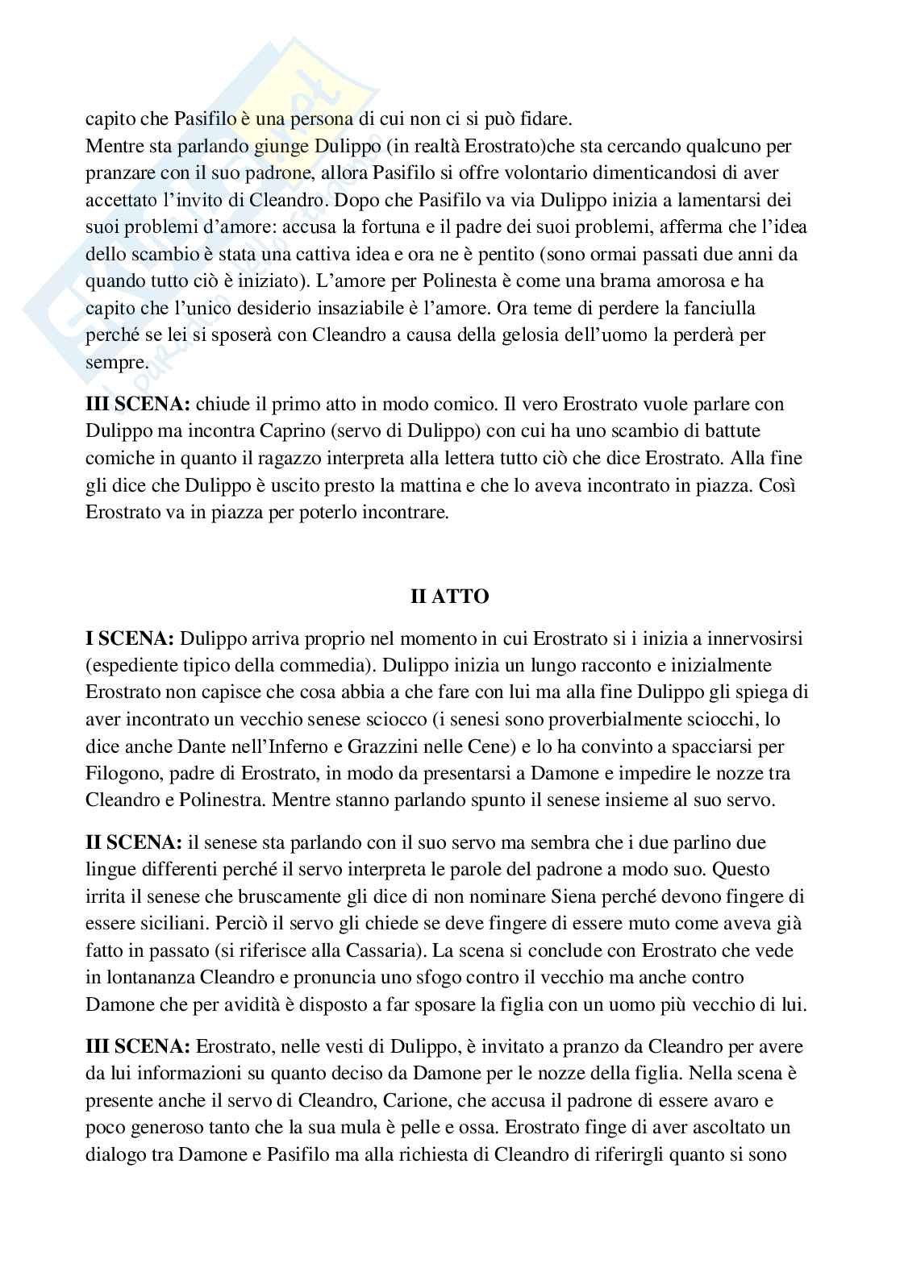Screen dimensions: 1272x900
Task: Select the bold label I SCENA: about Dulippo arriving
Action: pos(130,639)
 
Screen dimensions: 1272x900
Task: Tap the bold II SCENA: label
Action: pos(134,842)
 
